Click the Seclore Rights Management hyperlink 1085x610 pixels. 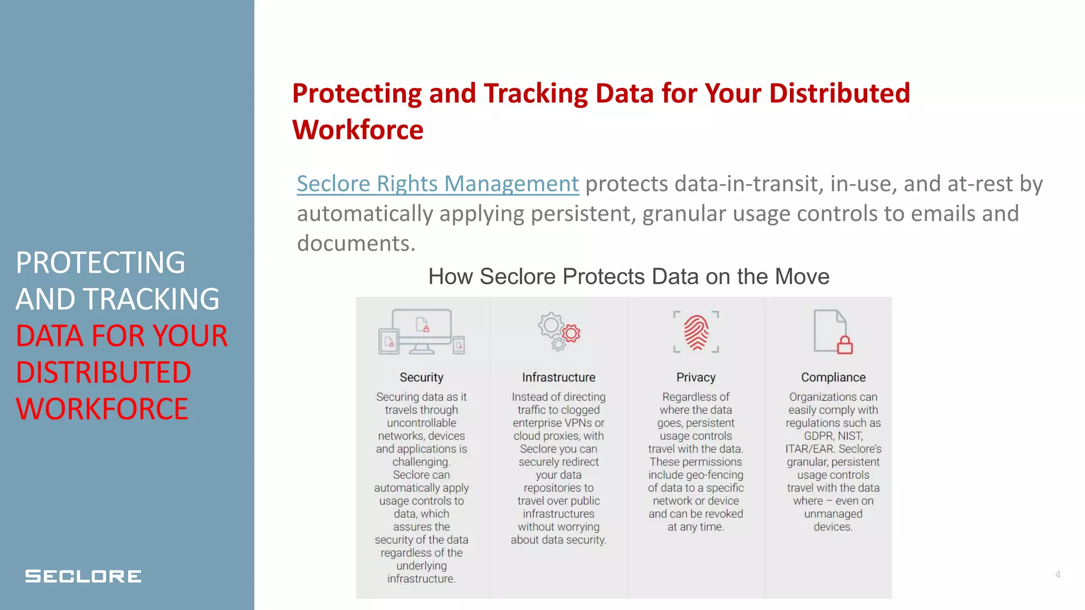pos(438,184)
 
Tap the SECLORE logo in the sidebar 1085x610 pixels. pos(83,576)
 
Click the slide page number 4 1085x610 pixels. pos(1057,575)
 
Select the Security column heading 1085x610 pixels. pos(421,378)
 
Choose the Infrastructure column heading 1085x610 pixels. pos(558,378)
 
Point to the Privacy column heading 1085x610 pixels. pos(696,378)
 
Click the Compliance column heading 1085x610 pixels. pos(833,378)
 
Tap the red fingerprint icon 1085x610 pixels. pos(696,333)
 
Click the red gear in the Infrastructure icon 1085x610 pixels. pos(571,334)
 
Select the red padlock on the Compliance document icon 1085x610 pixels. pos(844,345)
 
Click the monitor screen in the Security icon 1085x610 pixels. pos(422,325)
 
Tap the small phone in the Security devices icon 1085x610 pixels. pos(459,345)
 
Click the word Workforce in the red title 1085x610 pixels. pos(358,130)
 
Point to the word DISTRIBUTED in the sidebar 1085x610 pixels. pos(103,372)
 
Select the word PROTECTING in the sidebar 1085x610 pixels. pos(100,263)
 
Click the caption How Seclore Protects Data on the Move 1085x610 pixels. pos(628,276)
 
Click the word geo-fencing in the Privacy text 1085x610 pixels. pos(714,475)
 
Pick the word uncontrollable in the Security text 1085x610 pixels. pos(421,423)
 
